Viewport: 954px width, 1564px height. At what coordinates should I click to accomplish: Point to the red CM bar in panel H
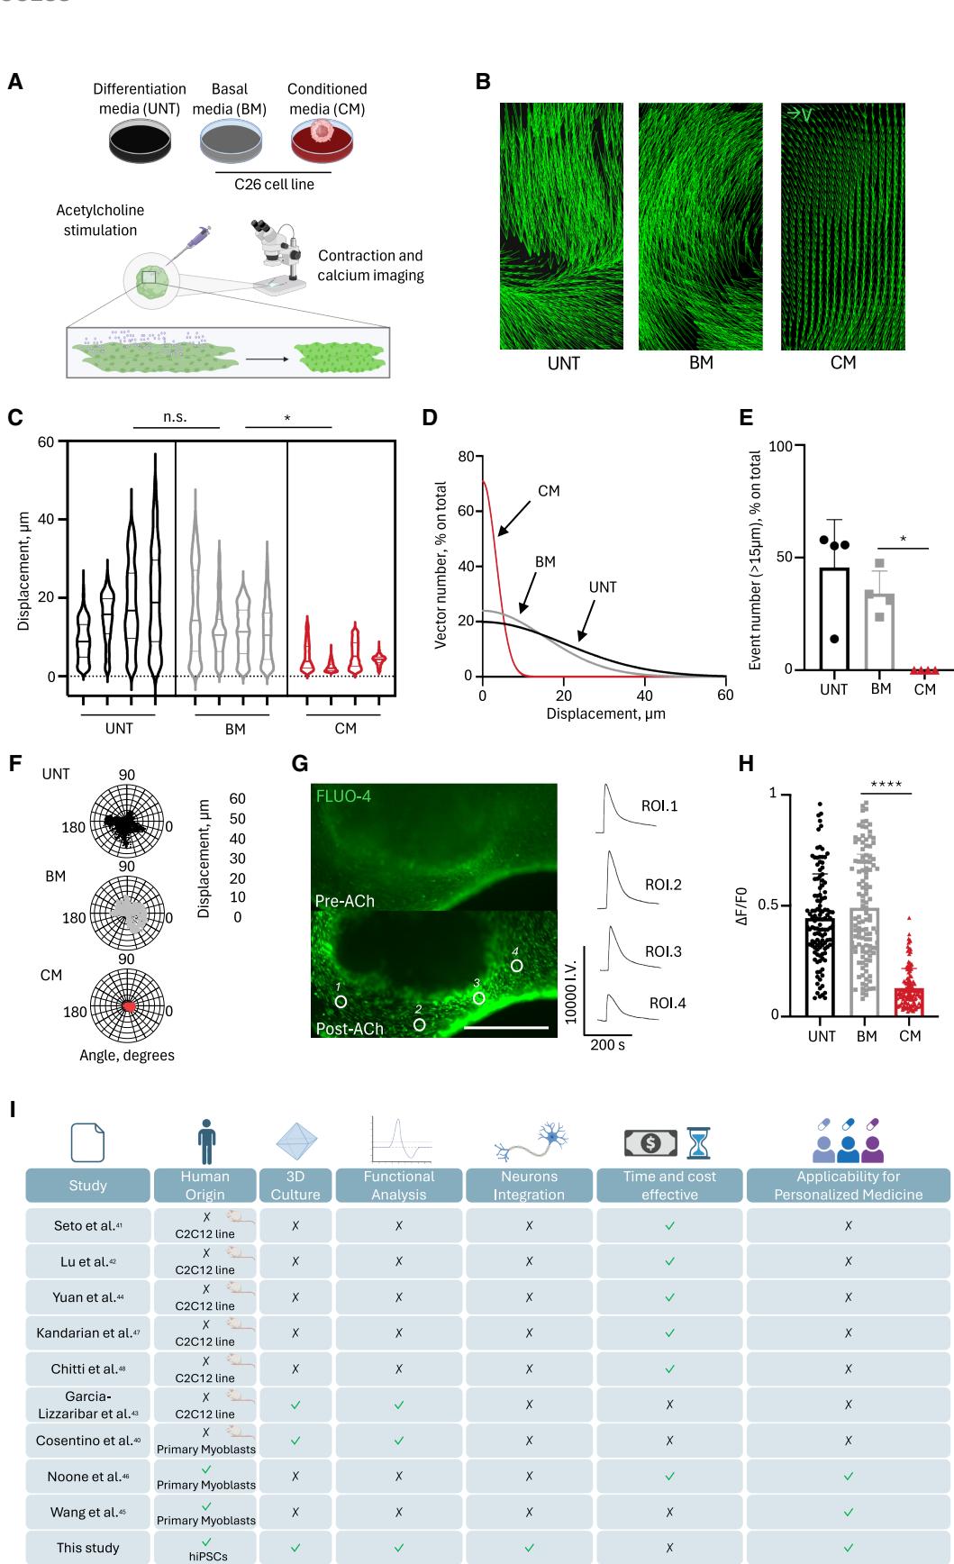tap(910, 1001)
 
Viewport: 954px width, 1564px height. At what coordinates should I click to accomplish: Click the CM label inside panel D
tap(548, 491)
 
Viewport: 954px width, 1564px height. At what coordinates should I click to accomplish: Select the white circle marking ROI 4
tap(516, 965)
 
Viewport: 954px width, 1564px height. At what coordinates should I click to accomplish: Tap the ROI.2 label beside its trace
tap(662, 885)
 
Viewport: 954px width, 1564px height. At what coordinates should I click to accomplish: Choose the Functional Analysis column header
tap(398, 1185)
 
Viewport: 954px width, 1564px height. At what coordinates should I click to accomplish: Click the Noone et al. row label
tap(87, 1476)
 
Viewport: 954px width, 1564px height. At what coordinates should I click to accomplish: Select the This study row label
tap(87, 1548)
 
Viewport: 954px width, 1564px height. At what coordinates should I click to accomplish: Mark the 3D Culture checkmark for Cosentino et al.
tap(295, 1441)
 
